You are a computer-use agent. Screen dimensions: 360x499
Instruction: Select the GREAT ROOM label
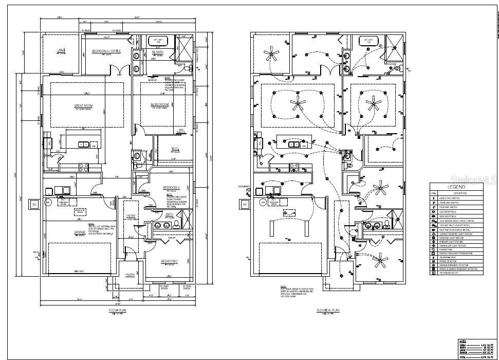click(82, 106)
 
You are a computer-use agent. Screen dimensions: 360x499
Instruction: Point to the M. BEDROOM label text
click(160, 105)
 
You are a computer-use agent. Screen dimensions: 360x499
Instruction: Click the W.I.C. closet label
click(175, 149)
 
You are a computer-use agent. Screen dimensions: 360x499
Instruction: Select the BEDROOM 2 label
click(169, 261)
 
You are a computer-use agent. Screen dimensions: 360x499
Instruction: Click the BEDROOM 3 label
click(171, 187)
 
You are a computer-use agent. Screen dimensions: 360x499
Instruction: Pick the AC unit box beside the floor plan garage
click(34, 204)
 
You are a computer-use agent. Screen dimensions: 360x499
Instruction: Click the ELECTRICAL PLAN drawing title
click(327, 311)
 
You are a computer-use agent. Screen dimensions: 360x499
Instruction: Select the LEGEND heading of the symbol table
click(456, 187)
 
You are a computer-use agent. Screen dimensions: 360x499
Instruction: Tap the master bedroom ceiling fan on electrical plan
click(372, 103)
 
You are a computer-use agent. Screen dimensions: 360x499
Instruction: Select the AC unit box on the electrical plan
click(244, 204)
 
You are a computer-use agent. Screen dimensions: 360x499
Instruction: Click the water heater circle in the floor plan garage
click(48, 203)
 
